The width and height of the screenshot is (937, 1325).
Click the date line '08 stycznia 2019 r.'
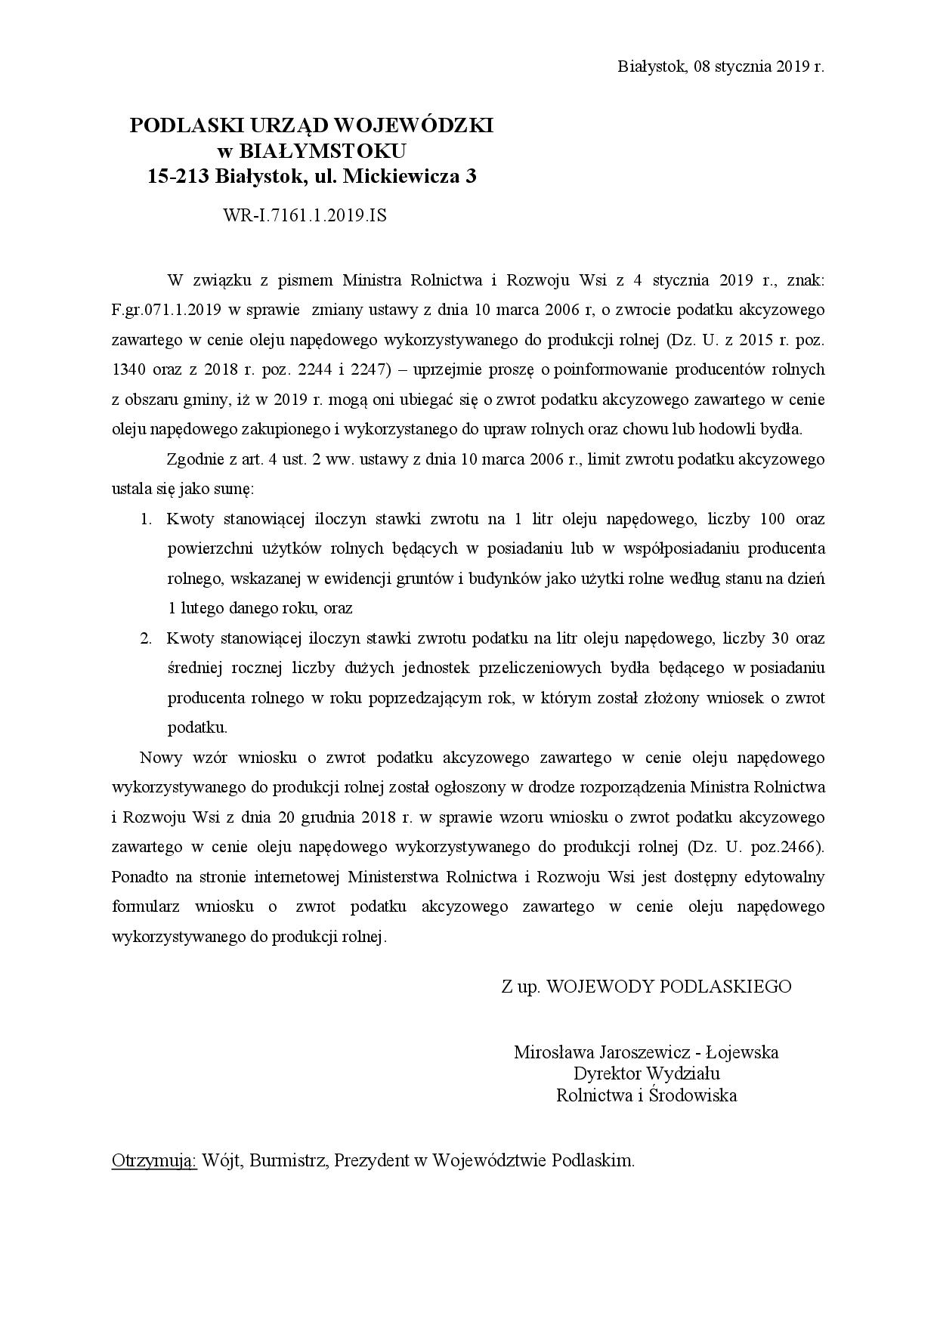coord(759,66)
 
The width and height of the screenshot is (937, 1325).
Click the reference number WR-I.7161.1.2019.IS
coord(305,215)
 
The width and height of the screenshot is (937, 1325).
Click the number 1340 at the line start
coord(128,369)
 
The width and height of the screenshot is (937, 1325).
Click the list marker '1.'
coord(147,519)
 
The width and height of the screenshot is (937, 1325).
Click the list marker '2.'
coord(147,638)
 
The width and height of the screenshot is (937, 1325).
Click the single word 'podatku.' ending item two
coord(196,728)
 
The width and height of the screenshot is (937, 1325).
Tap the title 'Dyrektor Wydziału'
coord(646,1073)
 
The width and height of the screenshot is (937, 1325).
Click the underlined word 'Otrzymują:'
coord(153,1160)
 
